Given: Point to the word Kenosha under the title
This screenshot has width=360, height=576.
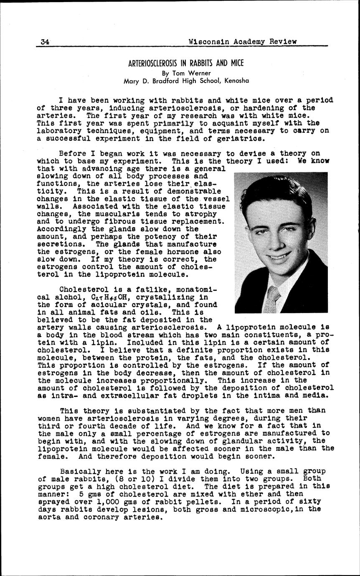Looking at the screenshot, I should pos(236,81).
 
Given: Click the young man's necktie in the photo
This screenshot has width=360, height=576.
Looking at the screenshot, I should pos(272,299).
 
